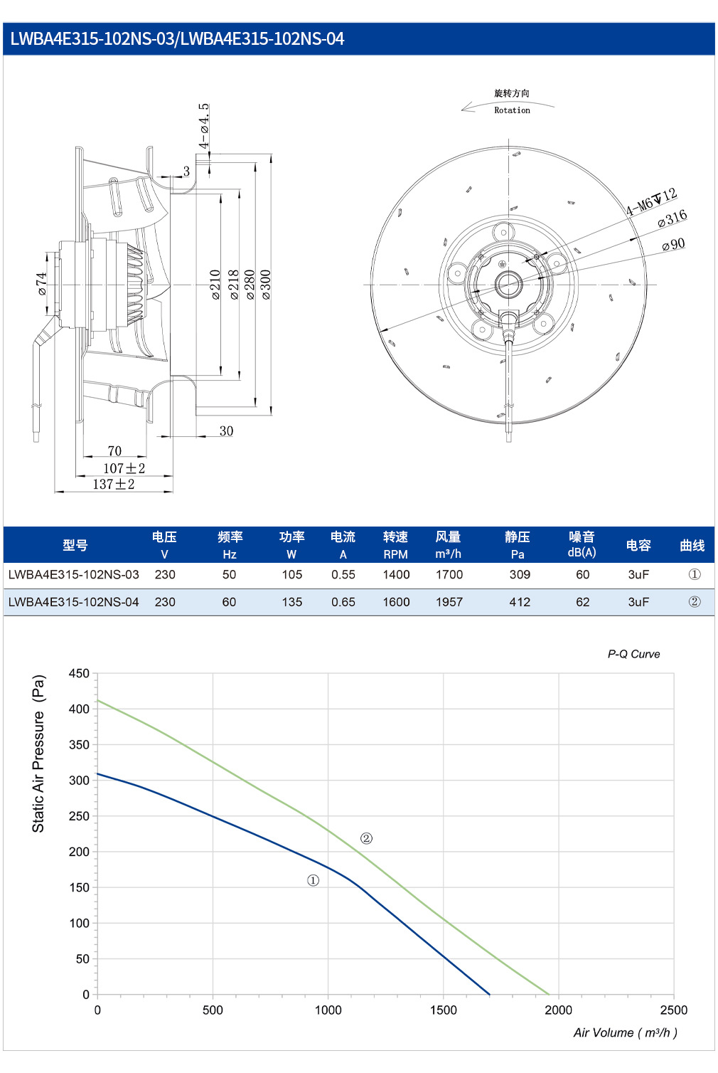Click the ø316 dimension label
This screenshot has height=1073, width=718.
click(673, 218)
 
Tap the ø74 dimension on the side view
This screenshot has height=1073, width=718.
click(42, 284)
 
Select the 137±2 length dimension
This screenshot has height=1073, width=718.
click(114, 485)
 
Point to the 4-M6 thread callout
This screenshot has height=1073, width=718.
click(651, 201)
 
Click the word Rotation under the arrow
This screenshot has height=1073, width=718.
click(512, 110)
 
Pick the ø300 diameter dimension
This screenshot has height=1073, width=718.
click(266, 285)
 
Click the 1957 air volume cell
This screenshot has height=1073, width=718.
click(449, 602)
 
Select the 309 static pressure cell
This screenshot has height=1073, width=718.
click(520, 574)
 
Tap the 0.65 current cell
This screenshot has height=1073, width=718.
click(343, 602)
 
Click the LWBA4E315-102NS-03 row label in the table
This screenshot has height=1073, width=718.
click(74, 574)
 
